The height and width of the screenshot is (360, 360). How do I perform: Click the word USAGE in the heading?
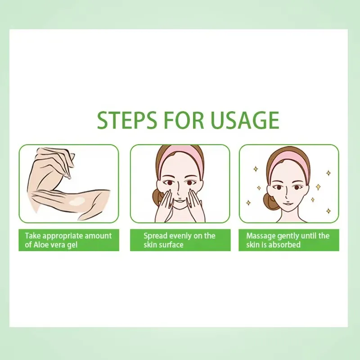click(x=245, y=120)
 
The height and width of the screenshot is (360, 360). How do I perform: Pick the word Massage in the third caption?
click(x=261, y=236)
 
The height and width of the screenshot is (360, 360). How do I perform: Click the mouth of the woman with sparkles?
click(x=286, y=203)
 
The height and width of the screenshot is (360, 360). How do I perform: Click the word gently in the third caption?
click(x=288, y=236)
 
